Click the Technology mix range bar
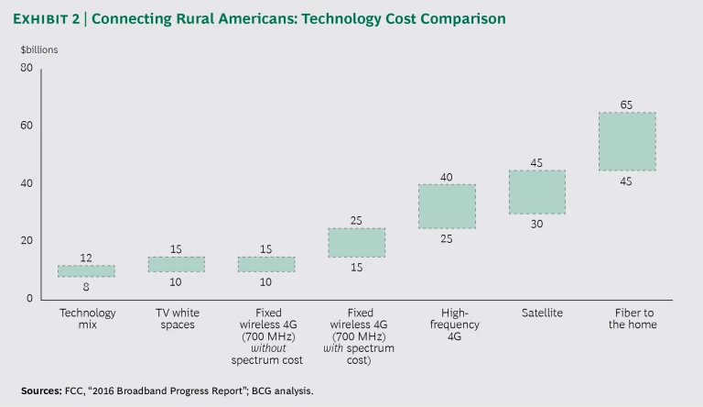point(86,270)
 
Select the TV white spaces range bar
point(177,264)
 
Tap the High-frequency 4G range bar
point(447,206)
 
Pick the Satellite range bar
point(537,192)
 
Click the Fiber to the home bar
point(626,141)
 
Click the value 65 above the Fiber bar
point(626,104)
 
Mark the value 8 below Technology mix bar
point(86,287)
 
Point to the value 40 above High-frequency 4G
point(447,177)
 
